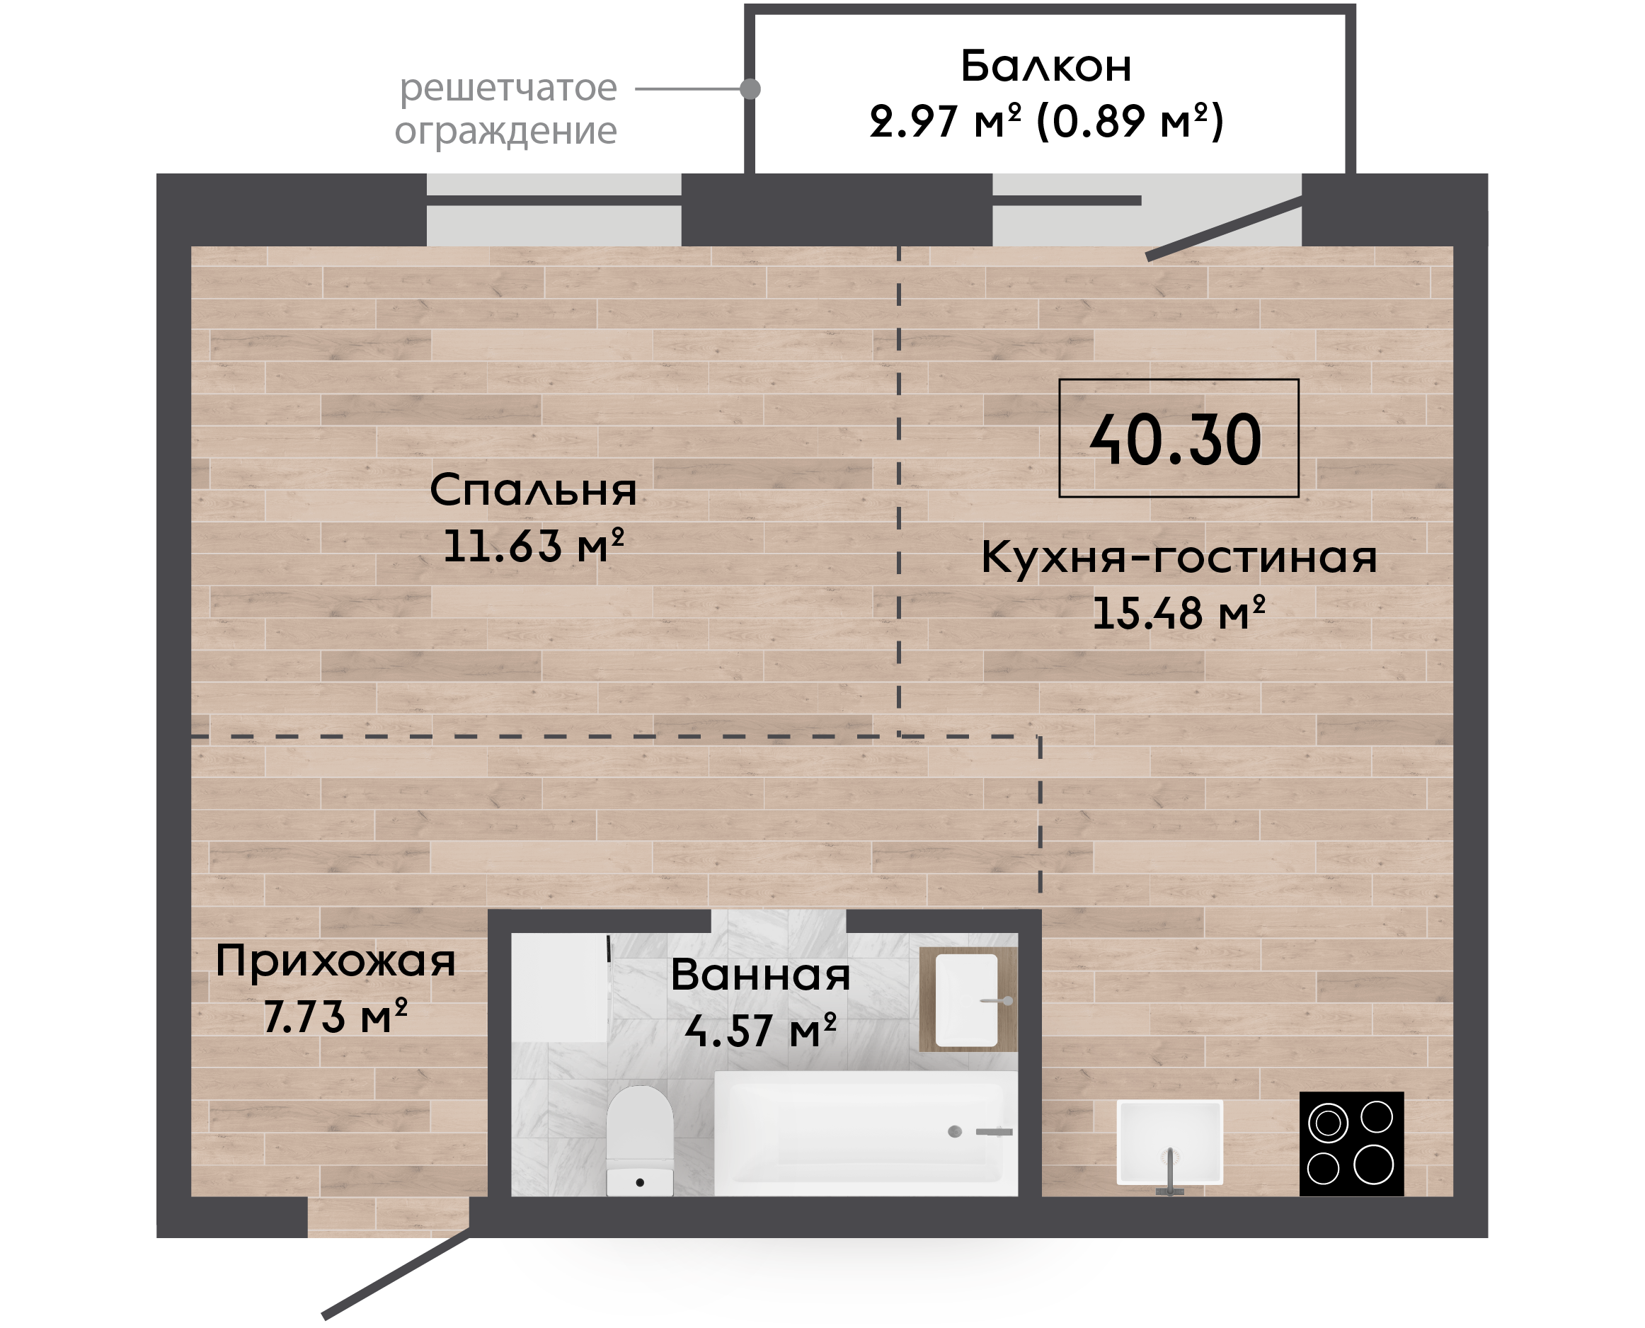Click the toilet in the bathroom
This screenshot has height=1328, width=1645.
[640, 1140]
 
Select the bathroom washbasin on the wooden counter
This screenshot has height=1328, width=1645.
[967, 1000]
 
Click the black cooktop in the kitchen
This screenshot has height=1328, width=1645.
[1351, 1144]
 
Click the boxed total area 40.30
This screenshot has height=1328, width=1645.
[1179, 438]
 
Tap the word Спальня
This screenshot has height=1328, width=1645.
[533, 491]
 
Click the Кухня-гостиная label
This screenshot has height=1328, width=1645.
[1179, 557]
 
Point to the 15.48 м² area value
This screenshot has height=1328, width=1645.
[1179, 613]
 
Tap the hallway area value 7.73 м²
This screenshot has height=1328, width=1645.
[336, 1017]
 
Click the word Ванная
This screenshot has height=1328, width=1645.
[761, 975]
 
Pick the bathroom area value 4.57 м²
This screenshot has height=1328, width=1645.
[761, 1031]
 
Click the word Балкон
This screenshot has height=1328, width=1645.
[1046, 66]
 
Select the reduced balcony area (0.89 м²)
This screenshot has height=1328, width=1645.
[1130, 121]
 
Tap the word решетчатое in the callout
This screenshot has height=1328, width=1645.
[508, 88]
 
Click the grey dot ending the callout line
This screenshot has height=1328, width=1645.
[750, 88]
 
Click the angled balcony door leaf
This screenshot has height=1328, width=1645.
[1225, 228]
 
